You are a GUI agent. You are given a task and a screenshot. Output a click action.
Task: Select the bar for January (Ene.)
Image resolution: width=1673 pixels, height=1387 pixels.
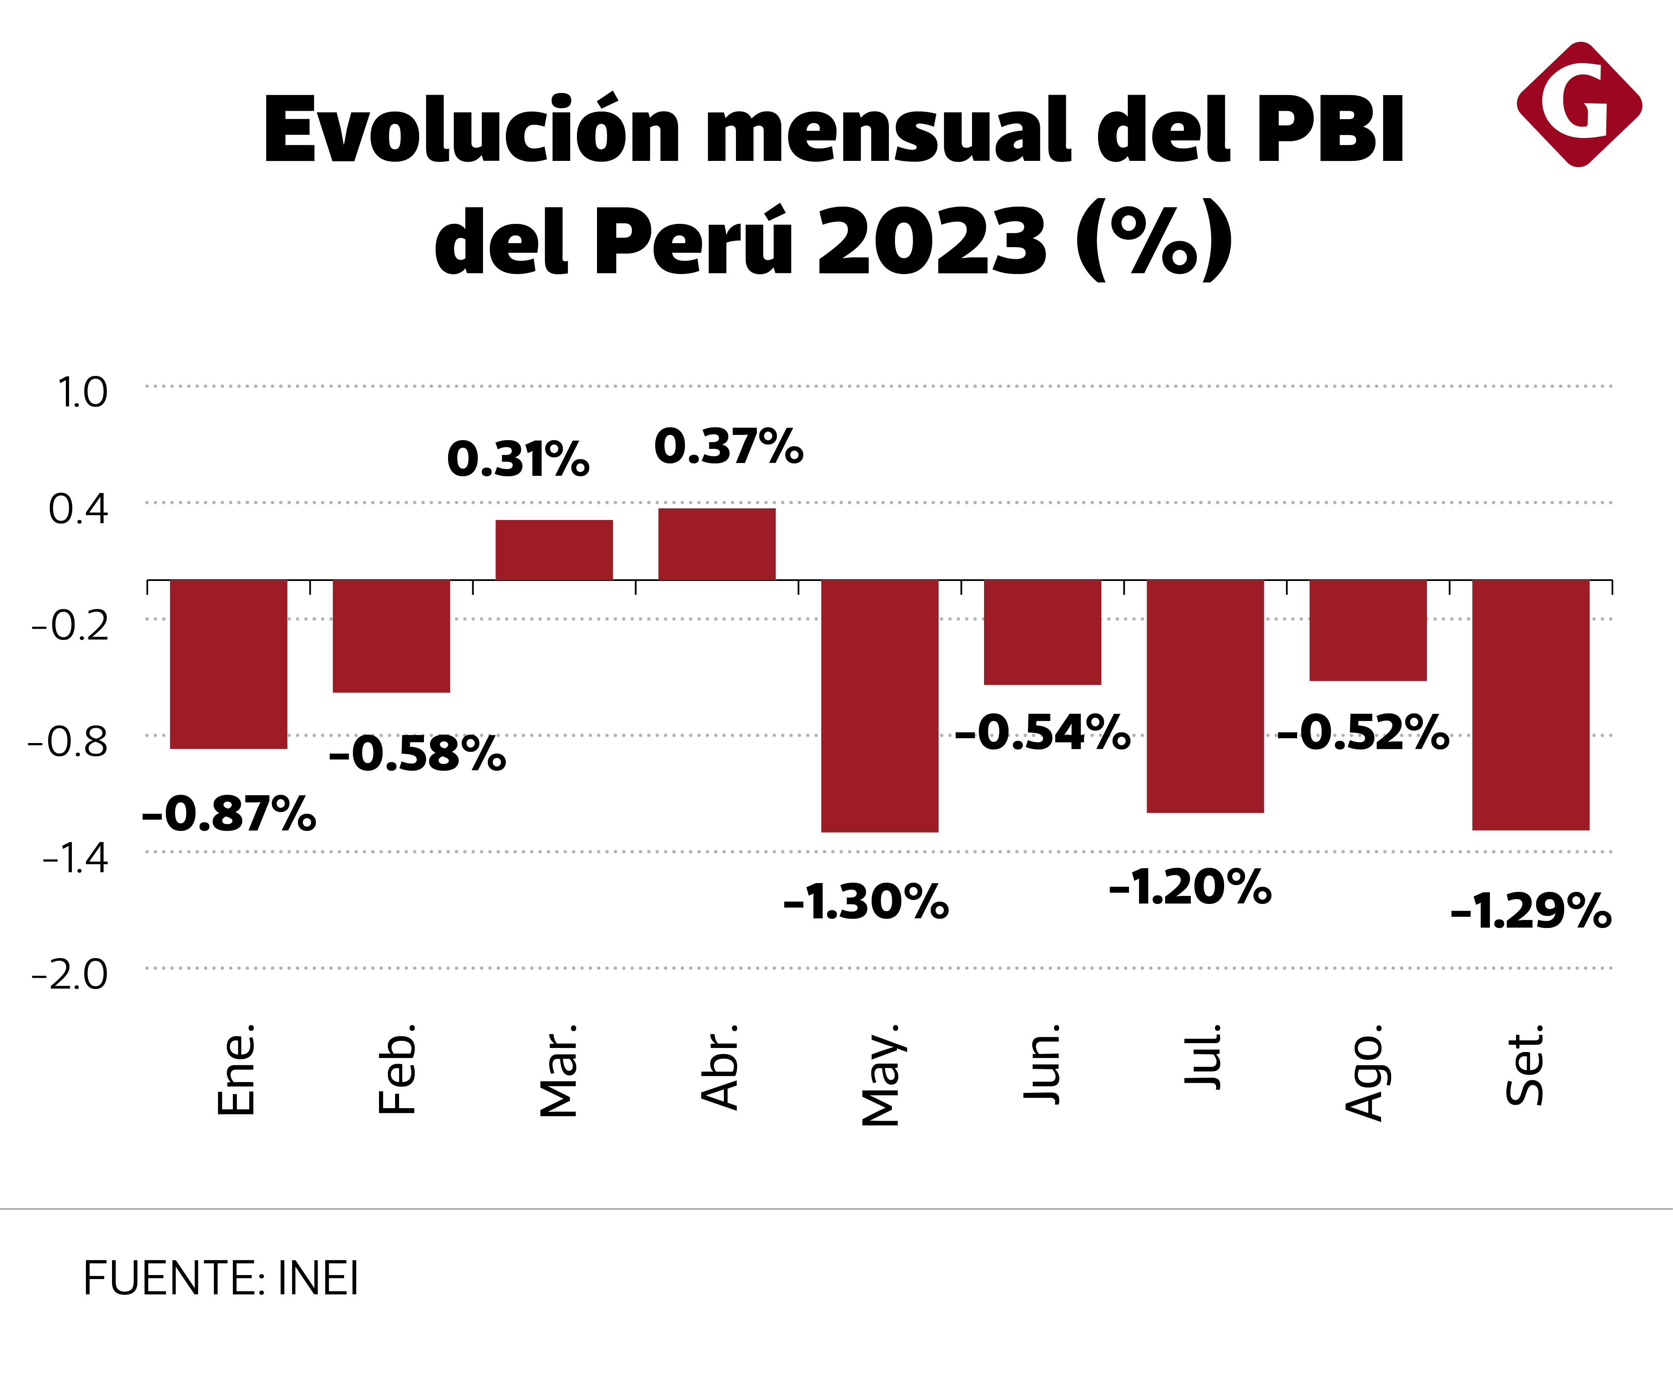point(228,664)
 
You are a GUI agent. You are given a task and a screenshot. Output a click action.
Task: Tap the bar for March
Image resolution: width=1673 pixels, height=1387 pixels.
point(554,549)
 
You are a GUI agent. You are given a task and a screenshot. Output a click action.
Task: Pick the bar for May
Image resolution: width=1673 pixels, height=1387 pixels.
point(880,705)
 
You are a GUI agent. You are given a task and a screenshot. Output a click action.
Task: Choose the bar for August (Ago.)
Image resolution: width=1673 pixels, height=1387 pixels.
point(1368,630)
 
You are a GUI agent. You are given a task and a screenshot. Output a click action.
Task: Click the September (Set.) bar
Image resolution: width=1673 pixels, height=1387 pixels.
point(1530,705)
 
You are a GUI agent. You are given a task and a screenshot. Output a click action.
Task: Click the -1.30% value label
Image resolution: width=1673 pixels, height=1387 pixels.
point(866,903)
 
